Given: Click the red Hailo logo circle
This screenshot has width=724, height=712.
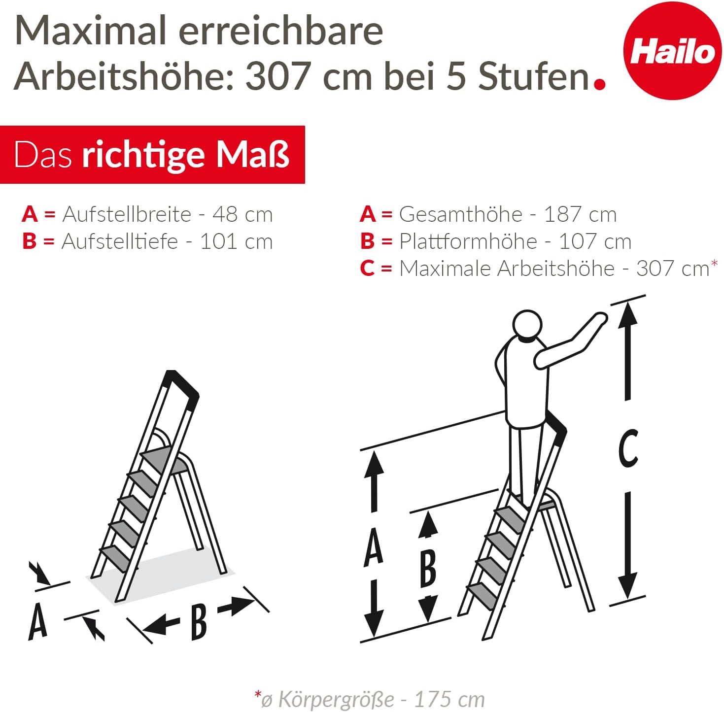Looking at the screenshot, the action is coord(672,51).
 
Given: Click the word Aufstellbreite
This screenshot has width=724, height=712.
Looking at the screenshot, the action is coord(127,214).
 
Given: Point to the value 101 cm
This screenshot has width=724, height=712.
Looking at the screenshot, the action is coord(236,241).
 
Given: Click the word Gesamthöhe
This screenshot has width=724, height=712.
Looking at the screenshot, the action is coord(461,214).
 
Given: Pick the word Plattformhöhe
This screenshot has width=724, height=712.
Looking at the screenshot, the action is coord(468,241).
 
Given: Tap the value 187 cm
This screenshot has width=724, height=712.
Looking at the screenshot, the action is coord(580,214).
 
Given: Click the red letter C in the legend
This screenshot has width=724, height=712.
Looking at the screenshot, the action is coord(367,269).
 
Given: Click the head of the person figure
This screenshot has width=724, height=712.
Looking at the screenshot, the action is coord(527,325).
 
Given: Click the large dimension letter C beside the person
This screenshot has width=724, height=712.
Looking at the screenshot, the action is coord(628,448).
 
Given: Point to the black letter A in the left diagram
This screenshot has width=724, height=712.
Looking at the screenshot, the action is coord(37,621).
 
